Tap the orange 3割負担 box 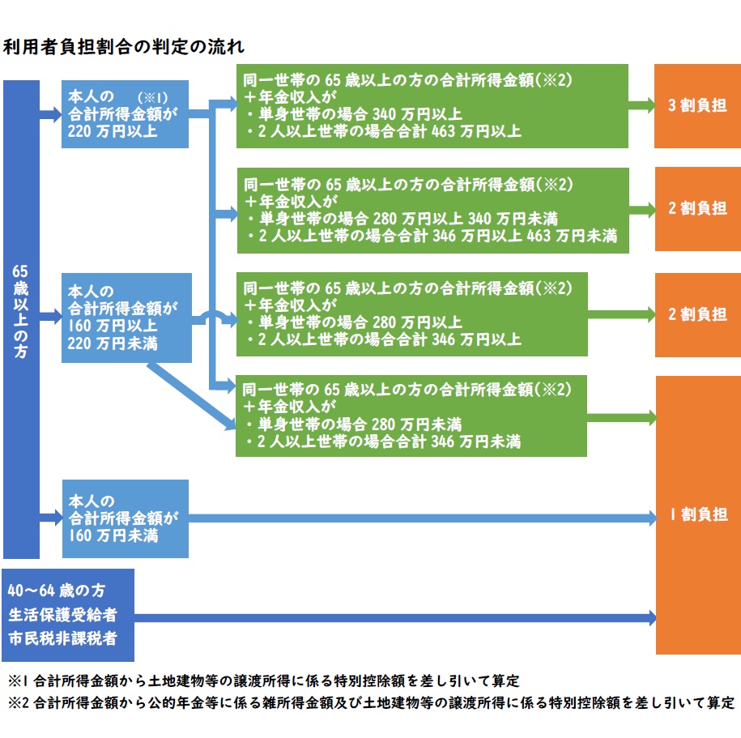[x=696, y=106]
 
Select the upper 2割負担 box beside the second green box [x=696, y=208]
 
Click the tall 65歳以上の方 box [x=21, y=319]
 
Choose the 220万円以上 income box [x=125, y=113]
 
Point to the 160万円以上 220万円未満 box [x=128, y=318]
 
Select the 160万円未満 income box [x=125, y=518]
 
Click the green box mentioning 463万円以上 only [x=432, y=107]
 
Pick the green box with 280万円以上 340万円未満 [x=432, y=210]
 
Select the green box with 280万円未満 [x=411, y=416]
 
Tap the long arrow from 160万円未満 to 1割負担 [x=421, y=516]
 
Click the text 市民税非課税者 [x=62, y=638]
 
